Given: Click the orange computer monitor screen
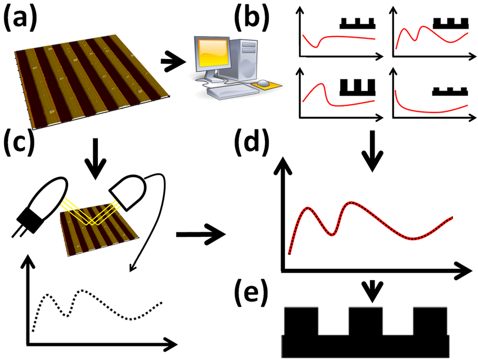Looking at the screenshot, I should point(209,56).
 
